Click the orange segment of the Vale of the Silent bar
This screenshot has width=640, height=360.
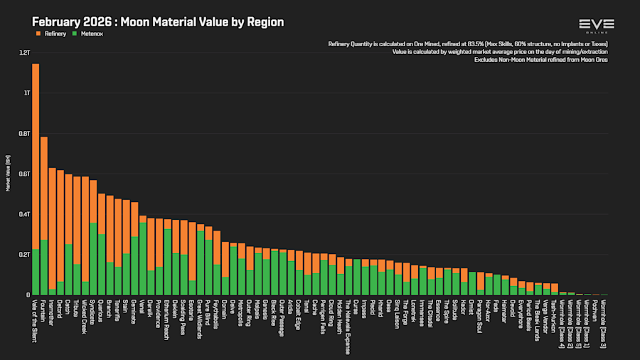(x=36, y=157)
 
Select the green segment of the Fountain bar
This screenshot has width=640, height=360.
(x=44, y=267)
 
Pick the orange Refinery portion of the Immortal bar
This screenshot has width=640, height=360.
(x=52, y=228)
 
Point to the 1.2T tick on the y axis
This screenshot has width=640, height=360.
(x=25, y=53)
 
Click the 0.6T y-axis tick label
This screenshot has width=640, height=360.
(x=25, y=174)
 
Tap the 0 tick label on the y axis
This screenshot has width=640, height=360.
(x=28, y=295)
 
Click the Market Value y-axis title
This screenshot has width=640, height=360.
(x=8, y=174)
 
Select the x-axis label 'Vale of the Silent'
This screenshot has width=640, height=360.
(x=35, y=320)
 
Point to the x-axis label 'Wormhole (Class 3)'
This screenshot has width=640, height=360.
(x=604, y=324)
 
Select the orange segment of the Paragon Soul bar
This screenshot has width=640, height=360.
(x=481, y=280)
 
